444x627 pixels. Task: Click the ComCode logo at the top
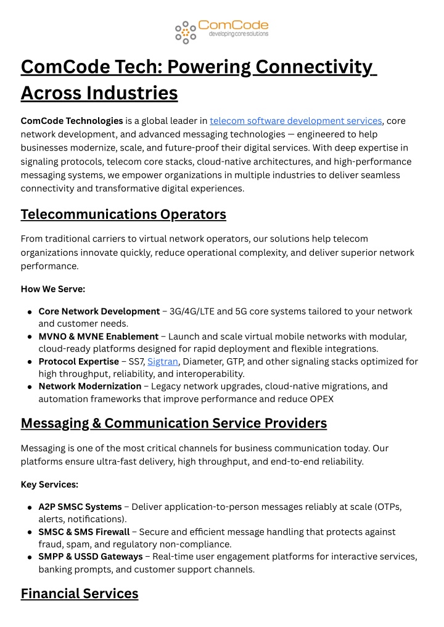pyautogui.click(x=222, y=30)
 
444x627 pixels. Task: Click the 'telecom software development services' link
pyautogui.click(x=296, y=121)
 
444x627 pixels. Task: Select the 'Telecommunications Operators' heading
pyautogui.click(x=123, y=214)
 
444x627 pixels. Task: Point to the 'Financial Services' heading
pyautogui.click(x=80, y=593)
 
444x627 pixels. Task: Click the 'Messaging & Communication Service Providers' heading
pyautogui.click(x=173, y=423)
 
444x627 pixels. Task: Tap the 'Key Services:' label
pyautogui.click(x=49, y=484)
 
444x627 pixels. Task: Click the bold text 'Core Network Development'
pyautogui.click(x=99, y=311)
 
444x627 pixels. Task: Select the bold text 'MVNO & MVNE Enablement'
pyautogui.click(x=98, y=337)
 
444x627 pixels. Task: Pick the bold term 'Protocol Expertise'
pyautogui.click(x=78, y=361)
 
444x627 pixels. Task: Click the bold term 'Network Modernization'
pyautogui.click(x=89, y=386)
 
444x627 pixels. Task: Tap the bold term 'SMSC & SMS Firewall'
pyautogui.click(x=84, y=531)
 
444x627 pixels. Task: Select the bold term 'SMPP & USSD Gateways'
pyautogui.click(x=90, y=557)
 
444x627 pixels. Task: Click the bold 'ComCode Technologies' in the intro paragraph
pyautogui.click(x=72, y=121)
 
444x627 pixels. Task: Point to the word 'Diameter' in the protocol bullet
pyautogui.click(x=200, y=361)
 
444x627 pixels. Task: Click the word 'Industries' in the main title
pyautogui.click(x=132, y=93)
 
